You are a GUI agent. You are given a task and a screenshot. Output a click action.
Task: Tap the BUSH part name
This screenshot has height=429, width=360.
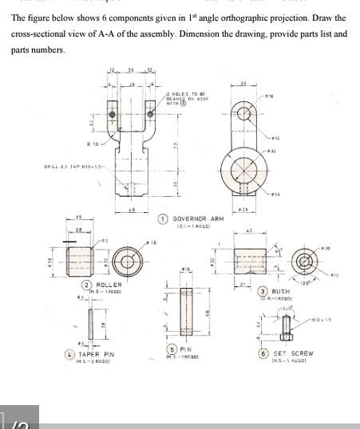tap(281, 292)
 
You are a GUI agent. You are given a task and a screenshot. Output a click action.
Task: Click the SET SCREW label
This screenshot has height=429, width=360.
tap(293, 353)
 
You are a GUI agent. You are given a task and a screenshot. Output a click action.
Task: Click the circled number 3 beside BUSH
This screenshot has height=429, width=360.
tap(262, 291)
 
